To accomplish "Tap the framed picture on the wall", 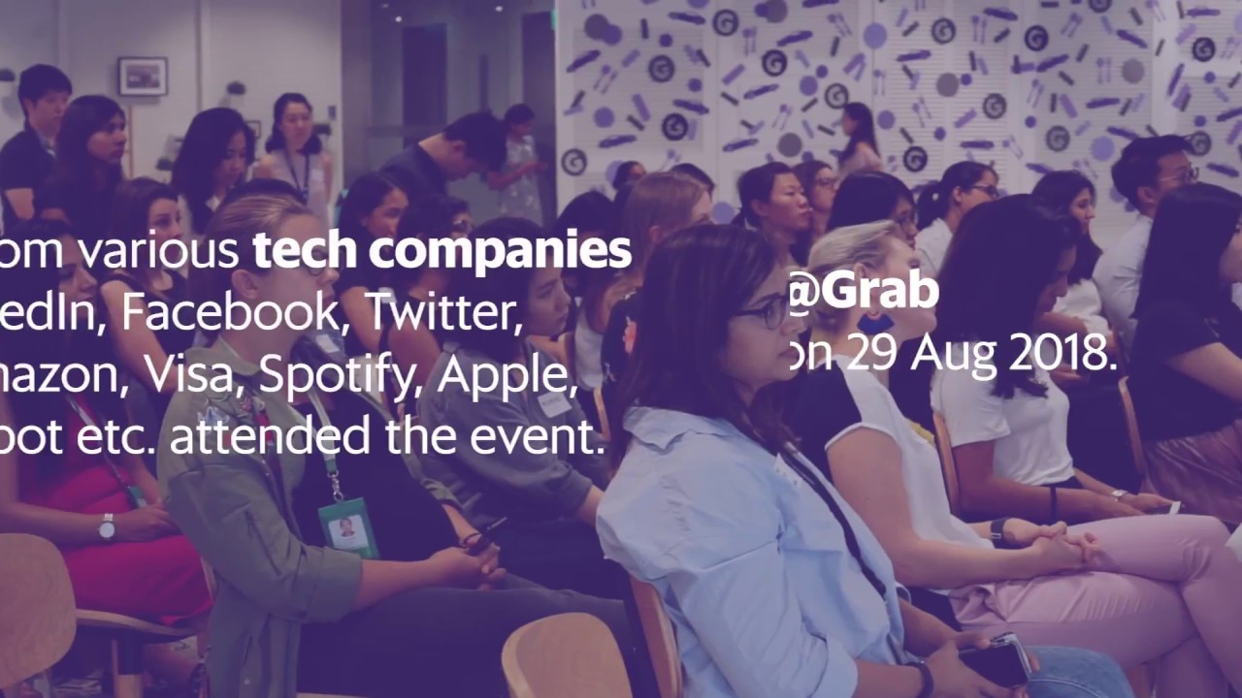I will click(x=143, y=77).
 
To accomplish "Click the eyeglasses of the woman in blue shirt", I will click(x=764, y=313).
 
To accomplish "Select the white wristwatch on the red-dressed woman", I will click(x=107, y=526).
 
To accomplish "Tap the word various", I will click(x=157, y=250).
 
